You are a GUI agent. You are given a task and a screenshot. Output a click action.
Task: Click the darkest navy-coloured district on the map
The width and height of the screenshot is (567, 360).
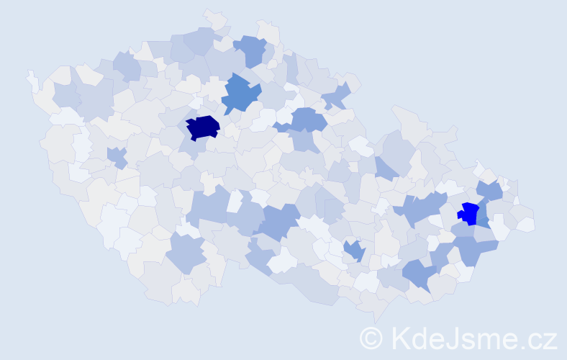click(x=202, y=127)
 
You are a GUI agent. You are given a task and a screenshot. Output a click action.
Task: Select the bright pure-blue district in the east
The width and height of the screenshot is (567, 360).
click(x=468, y=213)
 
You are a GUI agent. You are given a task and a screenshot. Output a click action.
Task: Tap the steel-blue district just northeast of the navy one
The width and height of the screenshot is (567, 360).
click(x=240, y=94)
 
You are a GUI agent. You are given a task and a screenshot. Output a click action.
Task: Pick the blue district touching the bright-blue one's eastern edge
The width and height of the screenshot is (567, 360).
click(x=482, y=215)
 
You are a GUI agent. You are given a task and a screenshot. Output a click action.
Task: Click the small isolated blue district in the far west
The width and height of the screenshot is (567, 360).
click(x=116, y=156)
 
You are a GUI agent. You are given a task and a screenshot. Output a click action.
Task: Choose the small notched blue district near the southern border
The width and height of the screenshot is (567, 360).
click(x=353, y=251)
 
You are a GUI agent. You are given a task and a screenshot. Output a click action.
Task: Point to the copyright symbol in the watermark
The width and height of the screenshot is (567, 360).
click(x=372, y=338)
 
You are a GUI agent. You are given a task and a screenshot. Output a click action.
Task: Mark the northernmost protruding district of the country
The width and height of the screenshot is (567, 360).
click(x=213, y=17)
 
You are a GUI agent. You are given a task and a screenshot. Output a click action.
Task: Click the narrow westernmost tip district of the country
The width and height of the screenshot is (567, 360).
click(x=32, y=80)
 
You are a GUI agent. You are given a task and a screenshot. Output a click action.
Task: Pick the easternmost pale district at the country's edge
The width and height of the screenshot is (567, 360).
click(x=526, y=224)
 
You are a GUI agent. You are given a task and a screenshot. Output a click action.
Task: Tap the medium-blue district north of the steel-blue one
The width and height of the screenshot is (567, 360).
click(x=250, y=49)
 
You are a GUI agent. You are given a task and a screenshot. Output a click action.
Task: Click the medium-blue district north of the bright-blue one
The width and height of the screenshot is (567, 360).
click(x=489, y=190)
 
